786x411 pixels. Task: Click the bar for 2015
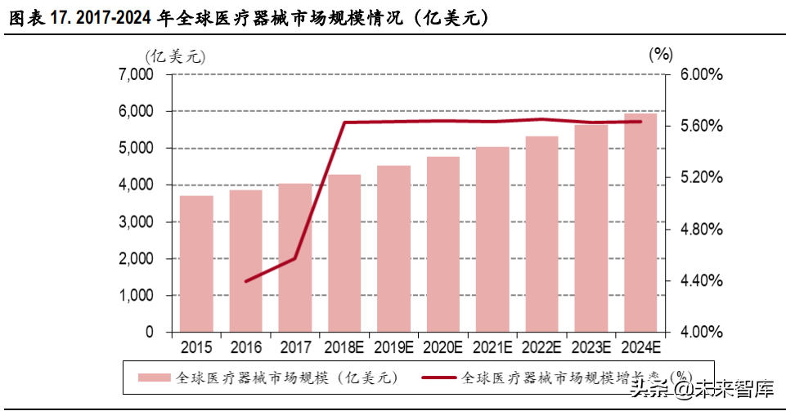(x=196, y=264)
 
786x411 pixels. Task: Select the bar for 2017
(x=295, y=257)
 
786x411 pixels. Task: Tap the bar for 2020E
(x=442, y=244)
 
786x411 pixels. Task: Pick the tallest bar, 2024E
(x=640, y=223)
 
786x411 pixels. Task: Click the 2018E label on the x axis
(x=344, y=348)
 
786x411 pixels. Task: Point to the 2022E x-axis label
(x=541, y=348)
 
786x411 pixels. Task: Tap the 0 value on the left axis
(x=149, y=333)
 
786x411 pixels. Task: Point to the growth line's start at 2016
(x=246, y=281)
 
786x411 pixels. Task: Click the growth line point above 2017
(x=295, y=258)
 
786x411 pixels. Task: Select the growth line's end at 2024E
(x=640, y=122)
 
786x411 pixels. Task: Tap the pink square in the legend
(x=153, y=377)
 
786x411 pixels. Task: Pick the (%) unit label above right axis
(x=660, y=55)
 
